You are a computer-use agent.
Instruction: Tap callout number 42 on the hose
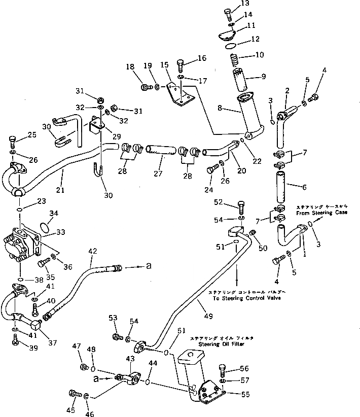[x=92, y=250]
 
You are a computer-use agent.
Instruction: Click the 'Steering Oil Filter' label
[x=210, y=343]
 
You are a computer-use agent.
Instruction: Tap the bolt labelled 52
[x=241, y=207]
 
